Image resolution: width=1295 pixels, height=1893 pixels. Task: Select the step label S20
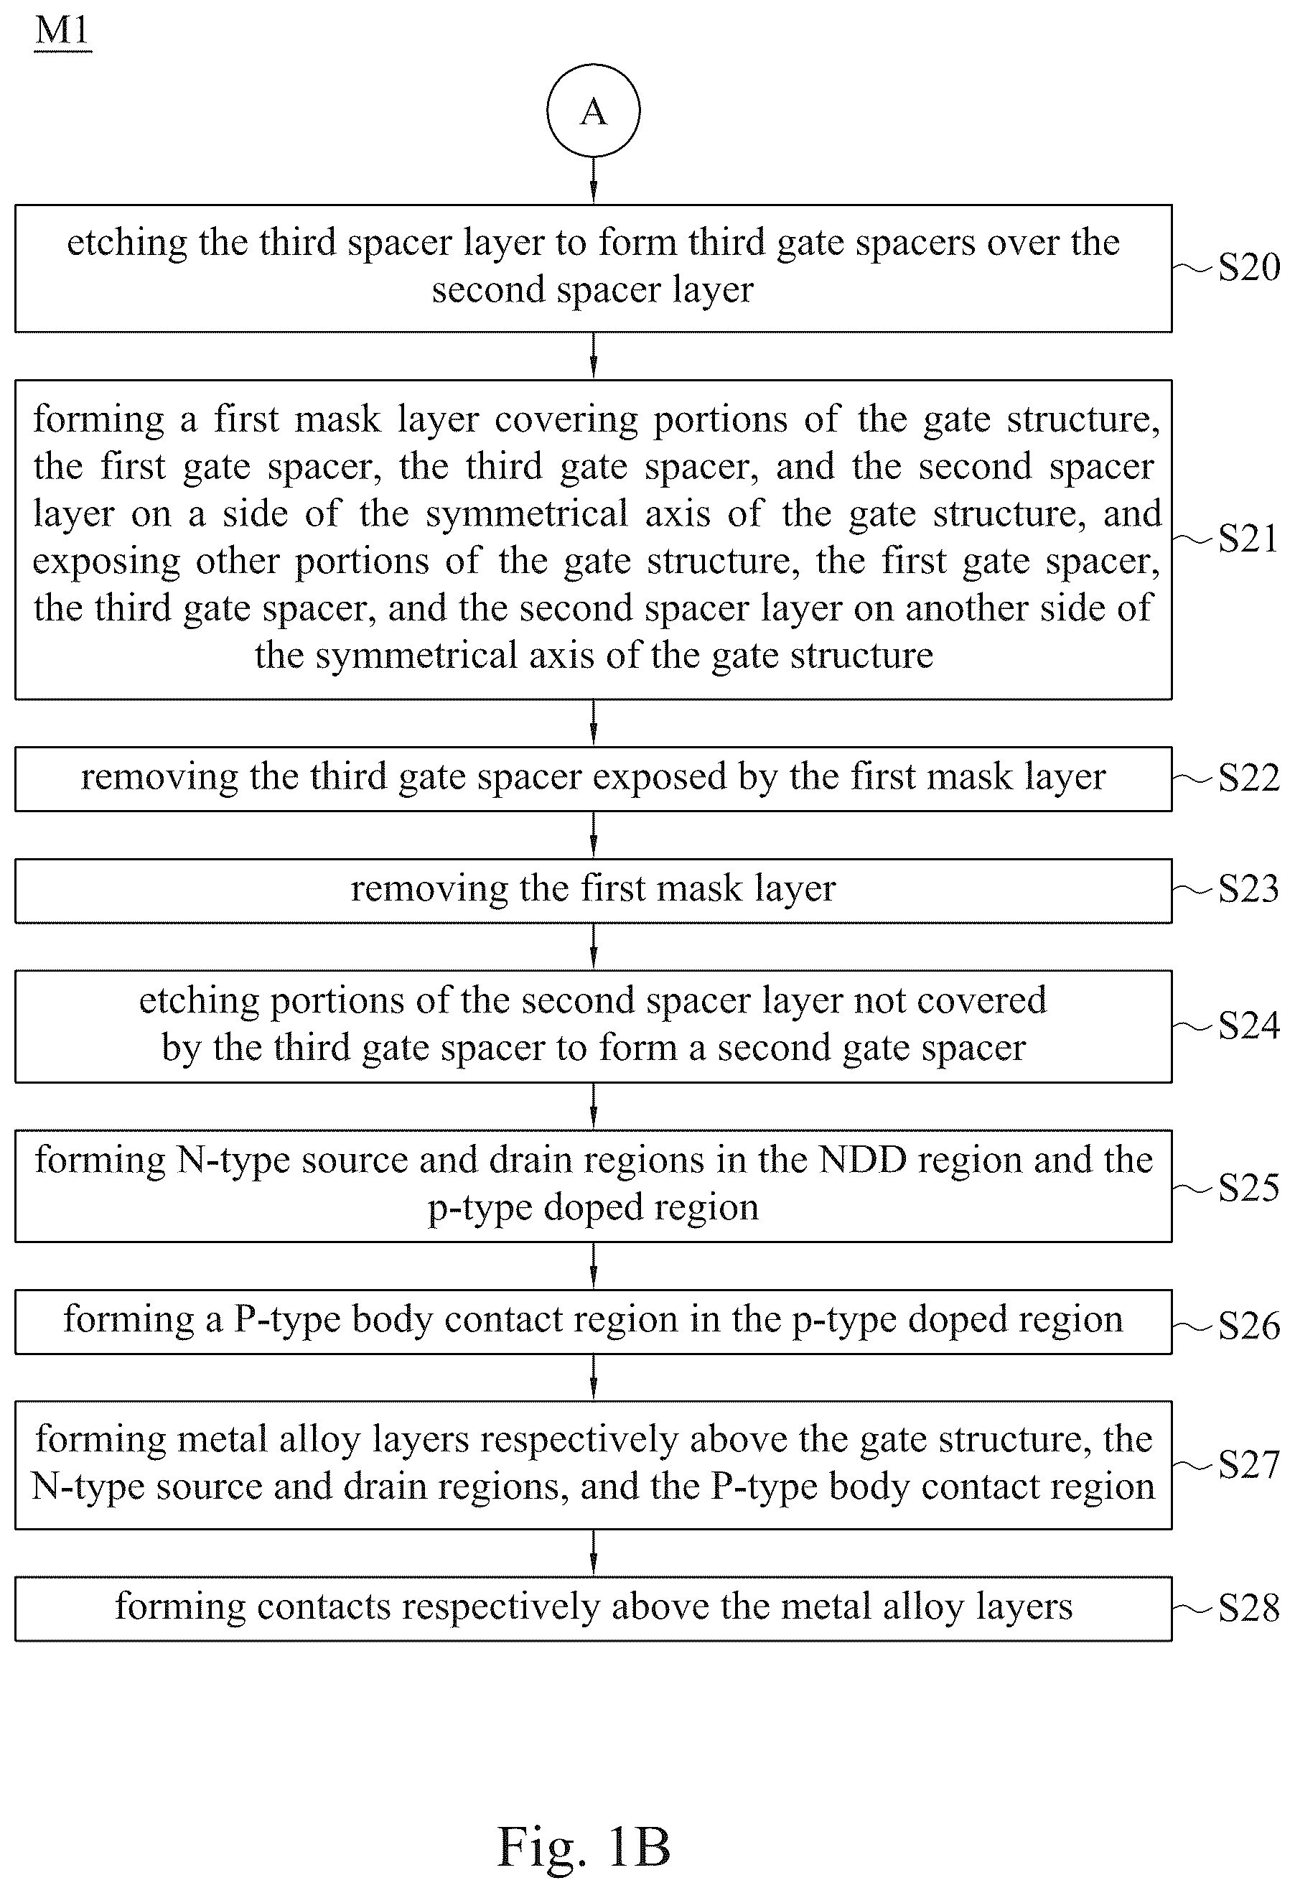1248,267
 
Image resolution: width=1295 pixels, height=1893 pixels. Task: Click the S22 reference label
1248,778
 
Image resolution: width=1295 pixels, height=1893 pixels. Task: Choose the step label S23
1248,888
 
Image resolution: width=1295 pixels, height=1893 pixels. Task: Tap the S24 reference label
1248,1025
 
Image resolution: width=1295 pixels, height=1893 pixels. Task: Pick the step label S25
1248,1188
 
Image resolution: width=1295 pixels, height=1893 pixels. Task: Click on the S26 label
1248,1325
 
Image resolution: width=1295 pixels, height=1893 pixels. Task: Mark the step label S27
1248,1464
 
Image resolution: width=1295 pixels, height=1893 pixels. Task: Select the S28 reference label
1248,1608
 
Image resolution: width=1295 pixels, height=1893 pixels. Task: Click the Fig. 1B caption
584,1847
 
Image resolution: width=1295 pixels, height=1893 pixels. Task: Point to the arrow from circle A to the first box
593,180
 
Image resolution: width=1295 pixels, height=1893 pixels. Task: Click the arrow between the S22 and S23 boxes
593,835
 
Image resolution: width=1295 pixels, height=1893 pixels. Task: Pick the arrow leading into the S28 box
593,1553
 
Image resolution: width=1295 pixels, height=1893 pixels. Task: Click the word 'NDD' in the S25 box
863,1160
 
